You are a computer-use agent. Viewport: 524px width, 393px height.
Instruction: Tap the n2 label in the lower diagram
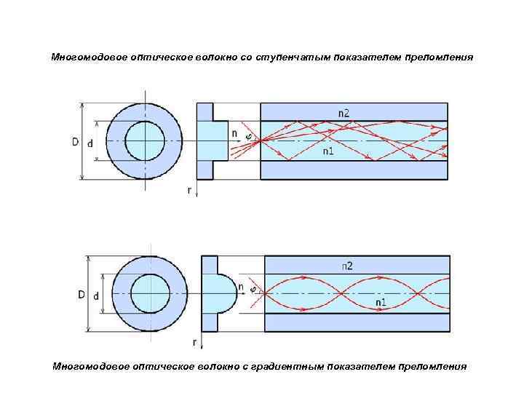pyautogui.click(x=347, y=266)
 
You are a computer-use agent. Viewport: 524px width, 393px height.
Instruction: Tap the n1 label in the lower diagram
pyautogui.click(x=381, y=301)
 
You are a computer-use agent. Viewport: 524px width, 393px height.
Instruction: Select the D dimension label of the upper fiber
pyautogui.click(x=76, y=141)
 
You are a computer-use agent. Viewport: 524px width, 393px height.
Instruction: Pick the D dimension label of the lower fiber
pyautogui.click(x=82, y=295)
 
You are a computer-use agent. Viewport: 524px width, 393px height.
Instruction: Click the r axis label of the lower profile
pyautogui.click(x=194, y=341)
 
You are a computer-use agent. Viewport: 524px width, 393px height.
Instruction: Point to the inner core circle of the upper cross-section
pyautogui.click(x=146, y=140)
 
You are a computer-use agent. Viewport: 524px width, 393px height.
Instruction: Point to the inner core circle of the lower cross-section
pyautogui.click(x=150, y=294)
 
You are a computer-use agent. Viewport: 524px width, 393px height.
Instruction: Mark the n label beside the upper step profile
pyautogui.click(x=234, y=134)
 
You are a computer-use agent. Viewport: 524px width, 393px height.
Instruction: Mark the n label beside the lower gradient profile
pyautogui.click(x=241, y=287)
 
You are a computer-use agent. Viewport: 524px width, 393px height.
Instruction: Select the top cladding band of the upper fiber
pyautogui.click(x=353, y=111)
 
